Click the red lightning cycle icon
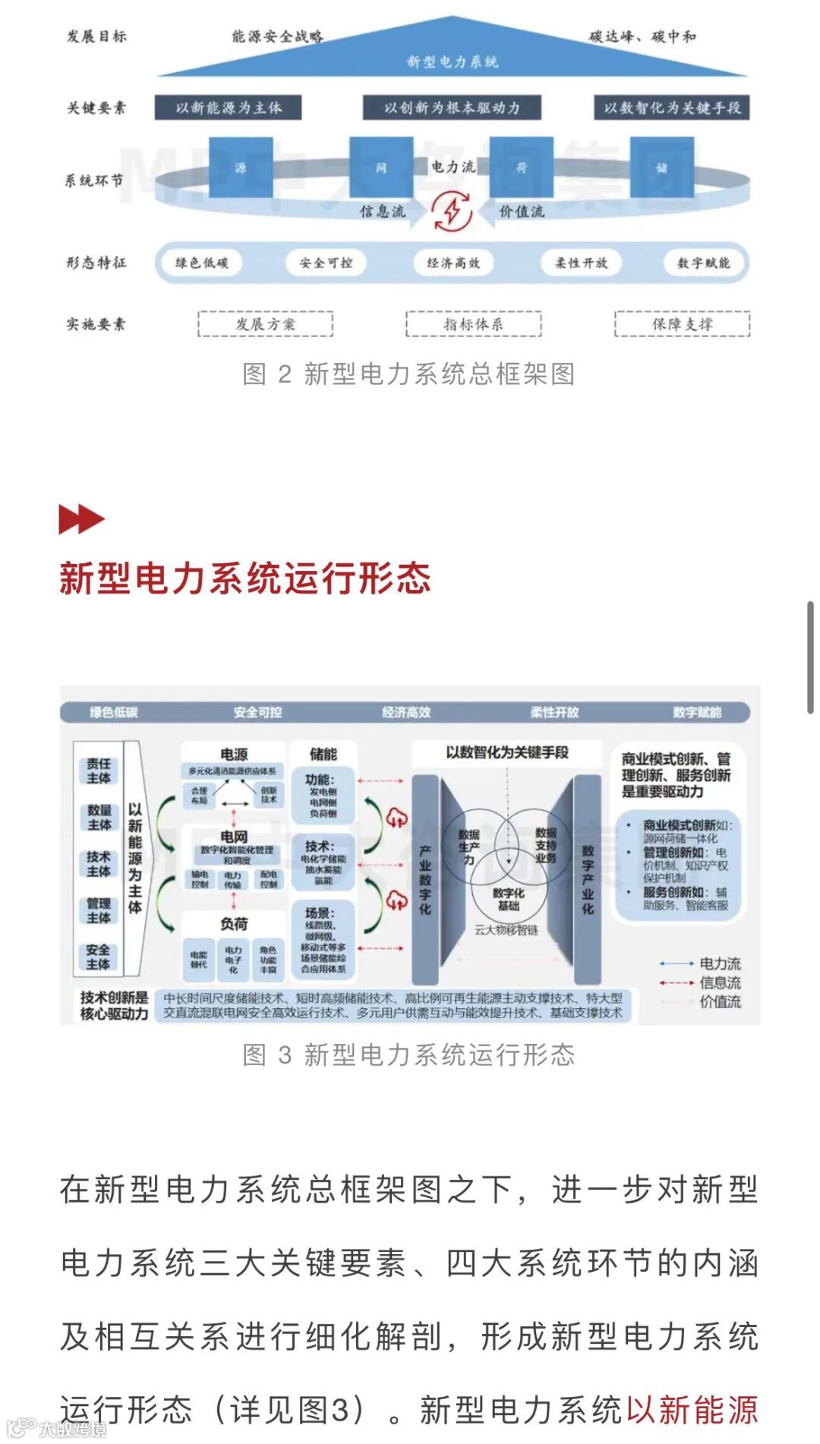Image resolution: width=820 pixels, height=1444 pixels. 453,211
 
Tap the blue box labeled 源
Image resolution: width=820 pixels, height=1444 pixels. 240,167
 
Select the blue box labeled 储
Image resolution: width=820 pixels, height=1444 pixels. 661,167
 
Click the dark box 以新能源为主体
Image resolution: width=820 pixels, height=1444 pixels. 228,108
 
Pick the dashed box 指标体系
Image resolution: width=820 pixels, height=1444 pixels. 473,324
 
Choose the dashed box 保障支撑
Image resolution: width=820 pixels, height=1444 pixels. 682,324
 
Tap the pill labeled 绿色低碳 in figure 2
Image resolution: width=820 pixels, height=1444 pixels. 202,263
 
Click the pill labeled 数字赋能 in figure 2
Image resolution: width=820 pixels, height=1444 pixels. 703,263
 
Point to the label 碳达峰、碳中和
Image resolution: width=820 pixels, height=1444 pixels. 642,36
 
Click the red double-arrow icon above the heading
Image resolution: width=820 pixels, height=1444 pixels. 80,519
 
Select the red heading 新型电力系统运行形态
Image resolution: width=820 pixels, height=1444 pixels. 244,579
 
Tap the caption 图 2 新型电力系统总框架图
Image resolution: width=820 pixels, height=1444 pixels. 408,374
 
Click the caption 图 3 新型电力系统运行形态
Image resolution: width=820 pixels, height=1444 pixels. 408,1055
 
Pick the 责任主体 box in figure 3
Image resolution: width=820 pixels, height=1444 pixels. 99,771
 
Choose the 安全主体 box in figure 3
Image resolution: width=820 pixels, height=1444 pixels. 99,957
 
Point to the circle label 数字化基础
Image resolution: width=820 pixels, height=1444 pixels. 508,899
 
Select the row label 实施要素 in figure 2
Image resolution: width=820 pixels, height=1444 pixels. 96,324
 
